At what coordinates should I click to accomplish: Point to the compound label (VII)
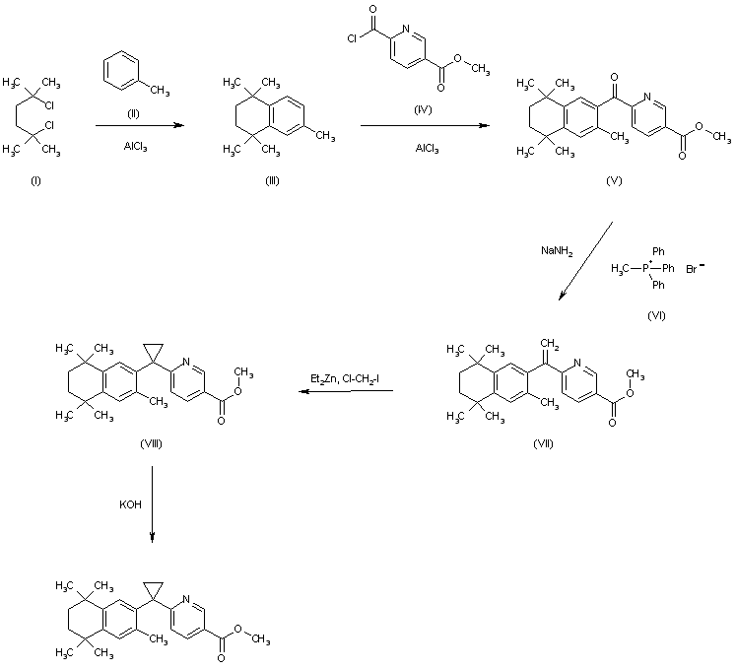543,442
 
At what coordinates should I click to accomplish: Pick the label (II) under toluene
134,114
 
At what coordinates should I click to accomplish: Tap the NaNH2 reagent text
553,250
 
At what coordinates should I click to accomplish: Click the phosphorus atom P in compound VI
645,267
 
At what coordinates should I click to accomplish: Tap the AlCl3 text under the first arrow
136,148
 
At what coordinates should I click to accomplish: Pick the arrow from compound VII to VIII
346,392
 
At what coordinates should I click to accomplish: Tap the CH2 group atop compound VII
551,342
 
